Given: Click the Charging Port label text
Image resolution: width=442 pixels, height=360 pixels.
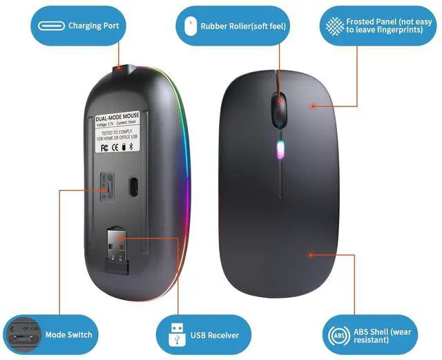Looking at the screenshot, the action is click(x=93, y=26).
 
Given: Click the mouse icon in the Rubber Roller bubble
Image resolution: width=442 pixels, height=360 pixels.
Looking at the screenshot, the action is click(x=188, y=26).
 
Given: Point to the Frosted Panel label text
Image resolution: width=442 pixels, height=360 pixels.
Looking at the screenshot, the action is click(x=390, y=26).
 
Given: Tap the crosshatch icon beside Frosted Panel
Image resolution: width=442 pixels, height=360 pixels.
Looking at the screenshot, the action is click(x=334, y=26).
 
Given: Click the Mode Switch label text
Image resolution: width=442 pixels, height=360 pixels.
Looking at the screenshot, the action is click(x=68, y=335).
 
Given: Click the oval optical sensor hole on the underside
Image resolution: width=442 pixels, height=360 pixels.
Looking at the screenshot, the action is click(x=134, y=186).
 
